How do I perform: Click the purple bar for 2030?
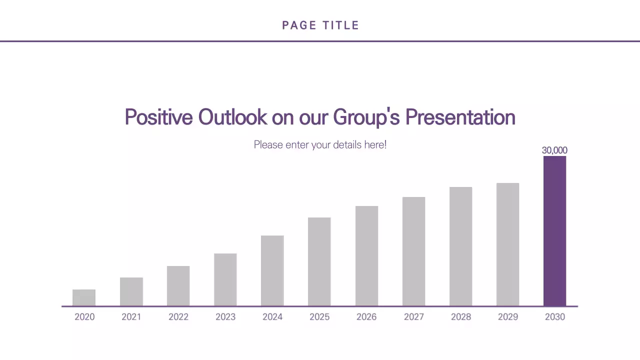point(554,231)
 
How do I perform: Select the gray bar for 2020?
point(84,297)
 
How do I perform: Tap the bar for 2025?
point(319,261)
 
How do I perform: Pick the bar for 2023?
point(225,279)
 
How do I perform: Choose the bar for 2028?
point(460,246)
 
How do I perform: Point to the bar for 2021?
point(131,291)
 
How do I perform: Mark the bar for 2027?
point(413,251)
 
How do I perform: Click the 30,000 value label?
point(554,150)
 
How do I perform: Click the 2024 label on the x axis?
point(272,317)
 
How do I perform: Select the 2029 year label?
point(507,317)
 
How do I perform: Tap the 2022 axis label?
point(178,317)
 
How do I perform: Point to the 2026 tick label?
point(366,317)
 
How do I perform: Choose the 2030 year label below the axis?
point(554,317)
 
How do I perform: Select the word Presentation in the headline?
point(460,117)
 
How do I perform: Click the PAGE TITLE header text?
point(320,25)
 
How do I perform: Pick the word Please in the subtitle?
point(268,145)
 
